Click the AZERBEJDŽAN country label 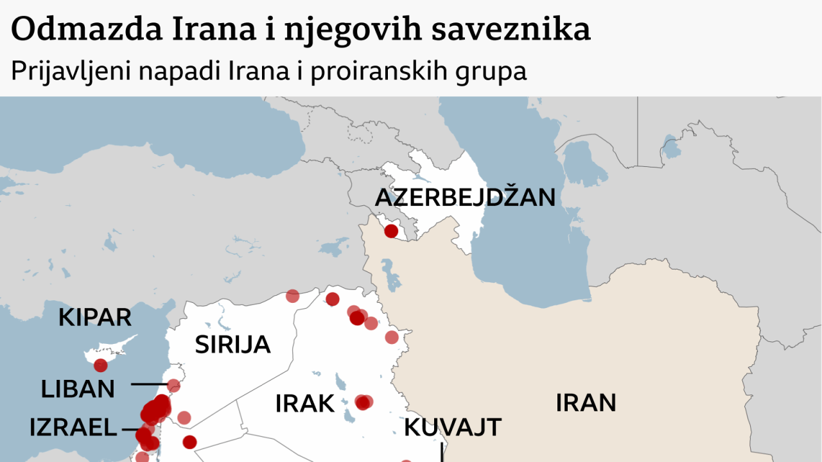465,197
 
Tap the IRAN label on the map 586,402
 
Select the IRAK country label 305,404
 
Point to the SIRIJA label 232,345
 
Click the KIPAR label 95,317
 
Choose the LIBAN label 78,389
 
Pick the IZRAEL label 73,428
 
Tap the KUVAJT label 453,427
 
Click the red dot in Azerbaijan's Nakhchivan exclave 391,231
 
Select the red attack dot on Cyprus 101,366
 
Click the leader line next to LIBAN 149,385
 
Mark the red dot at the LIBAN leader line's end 173,386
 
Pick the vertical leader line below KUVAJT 442,452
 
